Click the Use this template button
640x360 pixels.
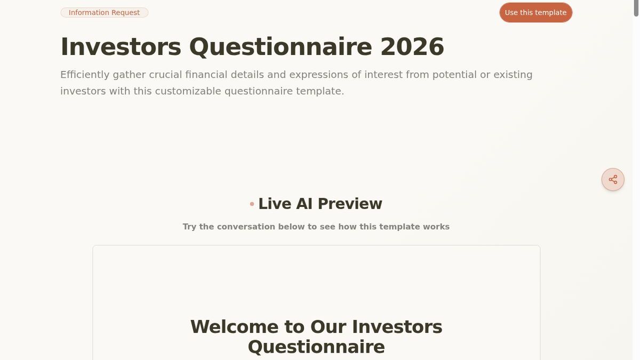point(535,13)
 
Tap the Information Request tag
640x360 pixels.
point(104,13)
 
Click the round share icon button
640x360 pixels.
point(613,180)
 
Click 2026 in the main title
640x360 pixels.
point(412,47)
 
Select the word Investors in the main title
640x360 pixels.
point(121,47)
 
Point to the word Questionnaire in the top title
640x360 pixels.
point(280,47)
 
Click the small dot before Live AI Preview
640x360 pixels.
point(252,204)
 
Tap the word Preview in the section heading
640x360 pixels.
point(350,204)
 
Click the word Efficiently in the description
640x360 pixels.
point(85,75)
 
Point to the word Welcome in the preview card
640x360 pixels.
point(234,327)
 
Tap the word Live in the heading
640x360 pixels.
point(275,204)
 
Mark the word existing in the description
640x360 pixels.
point(513,75)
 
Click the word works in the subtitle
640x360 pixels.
point(436,227)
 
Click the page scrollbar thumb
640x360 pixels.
point(636,9)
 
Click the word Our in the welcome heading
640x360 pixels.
point(328,327)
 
